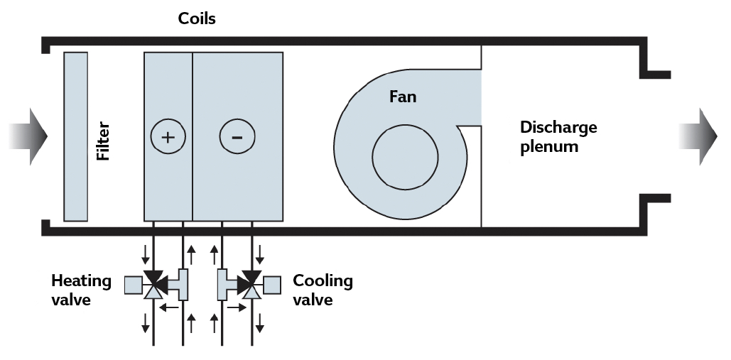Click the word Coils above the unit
click(196, 19)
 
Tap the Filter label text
click(104, 140)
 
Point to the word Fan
click(402, 97)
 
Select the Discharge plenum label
click(558, 137)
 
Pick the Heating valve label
click(81, 290)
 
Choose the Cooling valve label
click(323, 290)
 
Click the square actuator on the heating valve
click(133, 285)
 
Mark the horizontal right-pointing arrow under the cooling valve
click(237, 307)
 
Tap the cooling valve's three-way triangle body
click(251, 285)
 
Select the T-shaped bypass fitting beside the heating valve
click(178, 285)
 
